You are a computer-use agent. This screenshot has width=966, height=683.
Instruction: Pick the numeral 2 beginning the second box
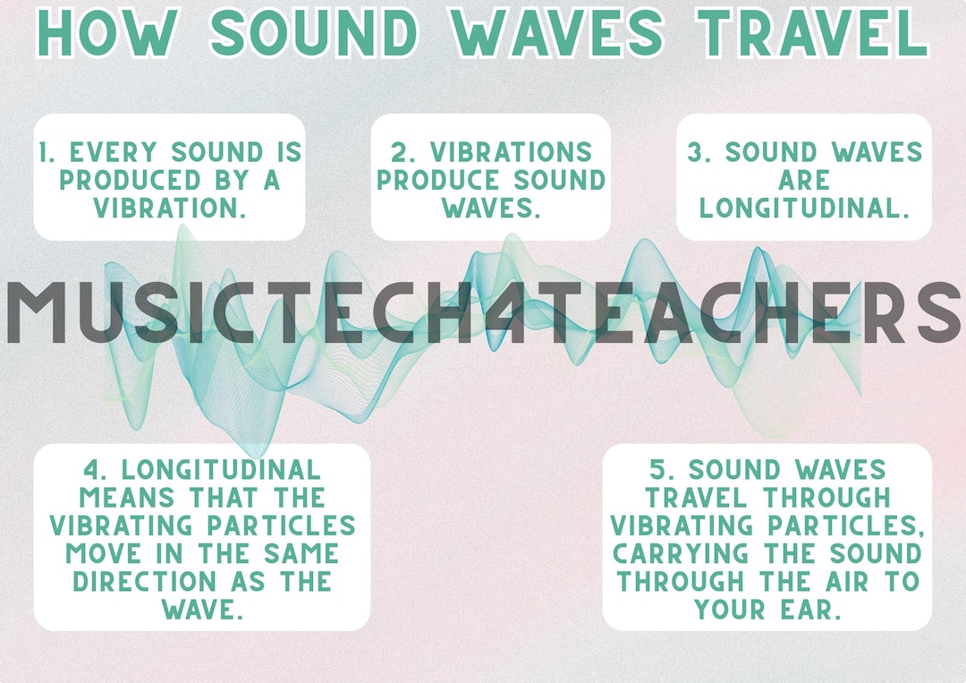pyautogui.click(x=398, y=152)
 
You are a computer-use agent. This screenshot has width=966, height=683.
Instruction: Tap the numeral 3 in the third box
pyautogui.click(x=696, y=152)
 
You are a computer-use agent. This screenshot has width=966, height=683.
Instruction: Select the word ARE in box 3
pyautogui.click(x=804, y=180)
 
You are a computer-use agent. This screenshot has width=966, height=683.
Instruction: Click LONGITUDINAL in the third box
pyautogui.click(x=804, y=208)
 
